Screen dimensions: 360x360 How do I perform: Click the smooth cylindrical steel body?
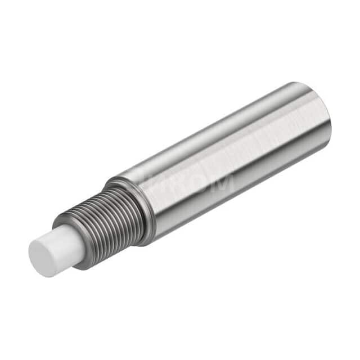point(236,163)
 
